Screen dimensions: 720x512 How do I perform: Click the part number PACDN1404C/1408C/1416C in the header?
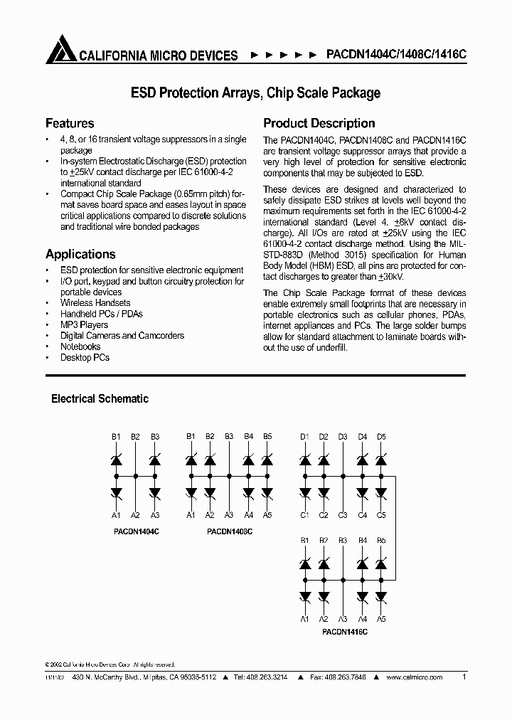pos(396,55)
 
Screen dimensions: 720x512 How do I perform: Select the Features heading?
pos(70,123)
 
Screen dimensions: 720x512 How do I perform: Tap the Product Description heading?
pos(319,123)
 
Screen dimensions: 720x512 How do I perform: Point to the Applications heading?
pos(80,254)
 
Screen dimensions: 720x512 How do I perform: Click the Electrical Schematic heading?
pos(100,399)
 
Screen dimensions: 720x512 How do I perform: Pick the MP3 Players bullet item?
pos(84,324)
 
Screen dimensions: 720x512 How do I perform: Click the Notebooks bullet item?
pos(80,346)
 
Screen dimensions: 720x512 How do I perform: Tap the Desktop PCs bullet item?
pos(85,357)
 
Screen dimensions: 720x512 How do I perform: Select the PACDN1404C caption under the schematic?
pos(136,531)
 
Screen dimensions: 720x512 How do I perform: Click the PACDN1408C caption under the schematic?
pos(229,531)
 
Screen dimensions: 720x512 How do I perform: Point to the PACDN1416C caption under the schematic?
pos(344,630)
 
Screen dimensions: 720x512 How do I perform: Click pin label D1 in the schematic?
pos(304,436)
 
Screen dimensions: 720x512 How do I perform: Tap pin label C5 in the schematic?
pos(382,515)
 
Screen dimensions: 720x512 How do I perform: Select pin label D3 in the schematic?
pos(343,436)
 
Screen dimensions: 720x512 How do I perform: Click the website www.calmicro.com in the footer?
pos(421,679)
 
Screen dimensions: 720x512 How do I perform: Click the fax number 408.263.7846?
pos(338,679)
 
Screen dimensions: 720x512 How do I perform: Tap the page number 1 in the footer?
pos(464,678)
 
